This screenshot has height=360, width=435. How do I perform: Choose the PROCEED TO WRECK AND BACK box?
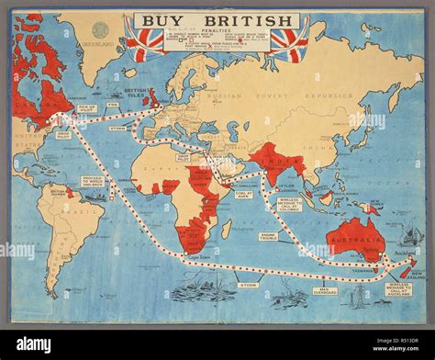coord(93,182)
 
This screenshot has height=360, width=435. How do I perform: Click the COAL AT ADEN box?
coord(244,194)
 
